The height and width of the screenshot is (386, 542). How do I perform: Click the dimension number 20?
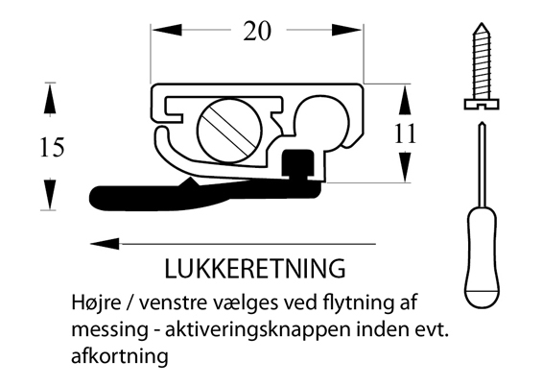[257, 31]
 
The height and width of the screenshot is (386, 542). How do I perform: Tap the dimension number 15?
[52, 147]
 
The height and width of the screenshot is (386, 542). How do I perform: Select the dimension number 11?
[405, 133]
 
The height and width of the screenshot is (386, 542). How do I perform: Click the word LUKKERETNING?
[255, 269]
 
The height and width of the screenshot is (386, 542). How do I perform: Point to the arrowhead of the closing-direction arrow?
[105, 244]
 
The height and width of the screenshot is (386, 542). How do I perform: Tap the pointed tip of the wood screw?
[482, 24]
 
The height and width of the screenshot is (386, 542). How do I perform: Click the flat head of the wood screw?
[482, 104]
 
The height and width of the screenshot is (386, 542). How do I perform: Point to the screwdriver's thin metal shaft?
[483, 163]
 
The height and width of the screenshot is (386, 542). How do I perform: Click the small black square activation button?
[298, 163]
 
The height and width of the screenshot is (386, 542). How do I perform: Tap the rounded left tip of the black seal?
[93, 198]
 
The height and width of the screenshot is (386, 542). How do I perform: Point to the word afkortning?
[120, 356]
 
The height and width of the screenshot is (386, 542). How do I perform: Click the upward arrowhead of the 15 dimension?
[50, 99]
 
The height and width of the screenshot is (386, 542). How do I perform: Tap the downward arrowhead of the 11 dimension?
[405, 167]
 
